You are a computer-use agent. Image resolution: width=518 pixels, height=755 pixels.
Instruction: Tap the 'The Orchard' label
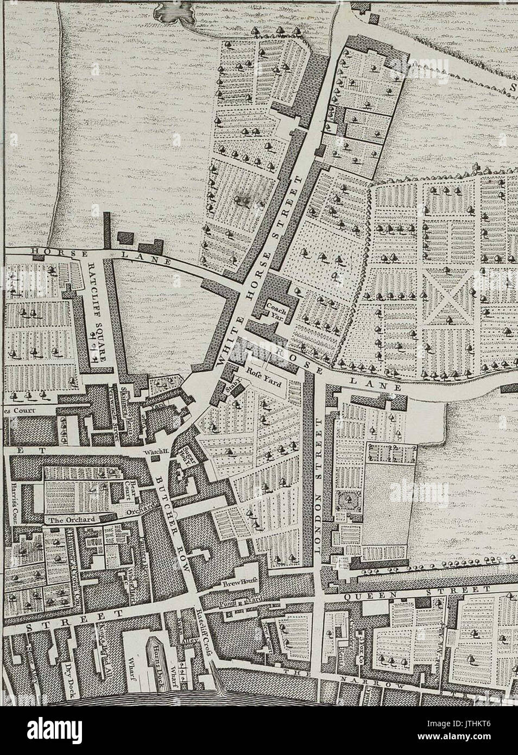pos(72,519)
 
